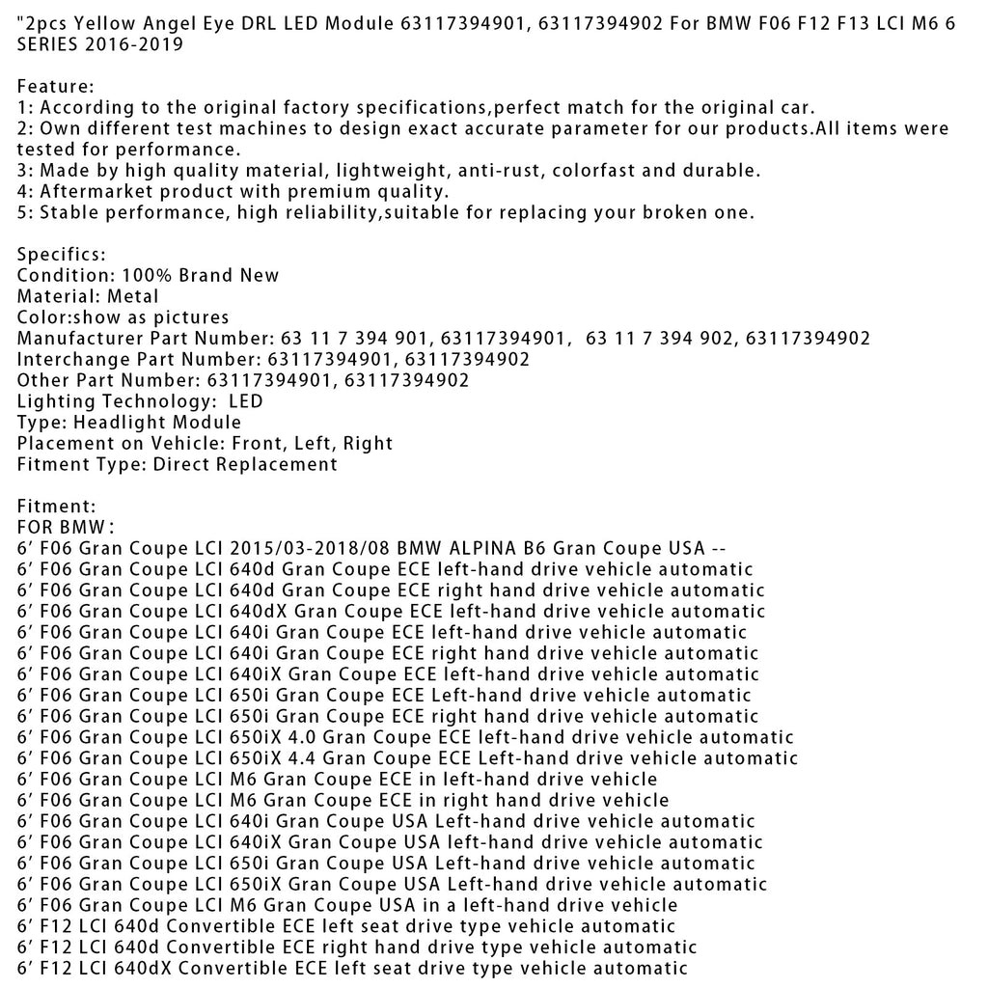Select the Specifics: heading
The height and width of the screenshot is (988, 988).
(62, 255)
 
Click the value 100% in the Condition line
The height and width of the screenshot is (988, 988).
(144, 275)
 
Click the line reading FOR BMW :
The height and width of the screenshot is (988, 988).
(67, 527)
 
